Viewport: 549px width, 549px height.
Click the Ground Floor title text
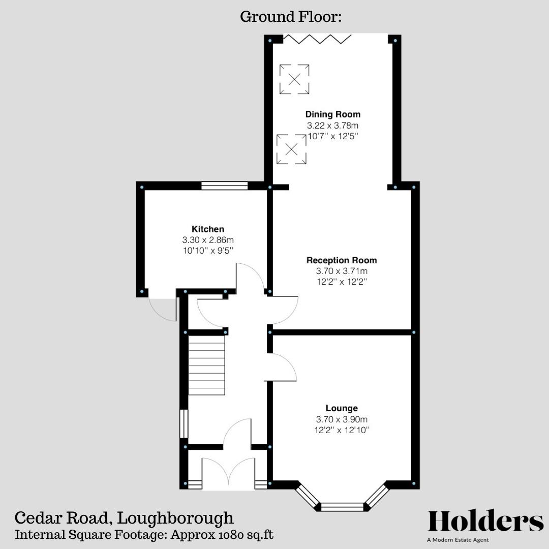click(291, 17)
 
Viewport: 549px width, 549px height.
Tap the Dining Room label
click(332, 114)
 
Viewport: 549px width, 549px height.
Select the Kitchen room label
click(207, 229)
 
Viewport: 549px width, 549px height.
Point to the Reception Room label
click(342, 260)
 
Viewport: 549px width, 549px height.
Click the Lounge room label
click(342, 408)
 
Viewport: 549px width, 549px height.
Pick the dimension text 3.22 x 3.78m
click(332, 125)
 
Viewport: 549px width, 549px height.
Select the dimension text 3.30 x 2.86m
click(207, 240)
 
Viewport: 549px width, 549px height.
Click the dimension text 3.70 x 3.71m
click(342, 271)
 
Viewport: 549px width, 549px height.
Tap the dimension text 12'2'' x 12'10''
click(342, 430)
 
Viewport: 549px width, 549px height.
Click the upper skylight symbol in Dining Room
click(294, 79)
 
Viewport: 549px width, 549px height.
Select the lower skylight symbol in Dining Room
click(291, 149)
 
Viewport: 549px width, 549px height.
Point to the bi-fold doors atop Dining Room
click(317, 38)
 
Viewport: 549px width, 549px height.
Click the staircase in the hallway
click(207, 365)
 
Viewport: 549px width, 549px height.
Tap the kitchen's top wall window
click(224, 186)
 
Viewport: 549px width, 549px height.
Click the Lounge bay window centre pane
click(342, 506)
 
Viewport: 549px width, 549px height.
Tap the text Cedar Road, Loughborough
click(124, 518)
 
